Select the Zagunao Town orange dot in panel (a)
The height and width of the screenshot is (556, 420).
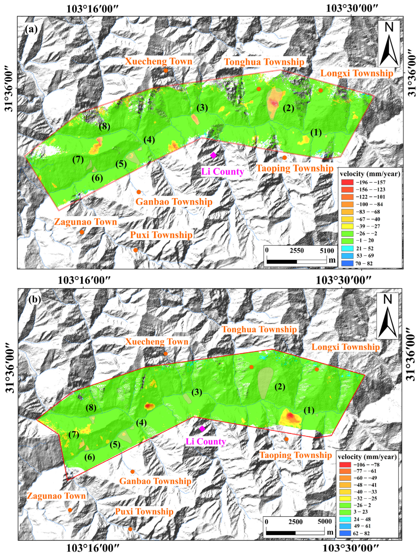pyautogui.click(x=82, y=232)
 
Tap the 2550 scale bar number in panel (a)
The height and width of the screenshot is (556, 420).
pyautogui.click(x=297, y=251)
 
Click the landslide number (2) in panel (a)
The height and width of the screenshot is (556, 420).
pyautogui.click(x=288, y=108)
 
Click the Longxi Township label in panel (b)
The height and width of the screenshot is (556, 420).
pyautogui.click(x=346, y=347)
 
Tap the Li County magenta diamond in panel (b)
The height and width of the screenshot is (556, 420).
pyautogui.click(x=202, y=429)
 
